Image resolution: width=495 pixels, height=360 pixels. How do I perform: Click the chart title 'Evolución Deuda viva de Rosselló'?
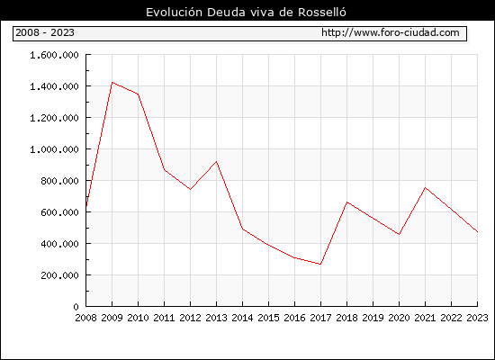click(x=246, y=13)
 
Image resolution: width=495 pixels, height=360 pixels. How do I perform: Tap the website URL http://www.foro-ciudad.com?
click(x=391, y=32)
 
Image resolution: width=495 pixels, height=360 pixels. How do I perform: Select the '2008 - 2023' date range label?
click(x=45, y=32)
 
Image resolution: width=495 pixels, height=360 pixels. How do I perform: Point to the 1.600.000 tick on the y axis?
click(x=54, y=55)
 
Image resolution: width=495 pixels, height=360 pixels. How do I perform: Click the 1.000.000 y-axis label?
click(x=54, y=149)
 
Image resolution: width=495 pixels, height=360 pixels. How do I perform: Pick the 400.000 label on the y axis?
click(x=59, y=244)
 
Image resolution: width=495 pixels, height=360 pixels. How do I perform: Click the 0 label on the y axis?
click(x=76, y=307)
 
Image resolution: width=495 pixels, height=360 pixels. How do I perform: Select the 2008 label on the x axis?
click(x=85, y=318)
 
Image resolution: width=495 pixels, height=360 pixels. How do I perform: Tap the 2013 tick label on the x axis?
click(x=216, y=318)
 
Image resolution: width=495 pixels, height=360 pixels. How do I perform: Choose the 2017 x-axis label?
click(x=320, y=318)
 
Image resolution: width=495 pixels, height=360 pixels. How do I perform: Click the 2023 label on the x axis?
click(x=477, y=318)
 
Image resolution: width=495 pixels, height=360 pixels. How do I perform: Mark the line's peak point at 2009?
click(x=112, y=83)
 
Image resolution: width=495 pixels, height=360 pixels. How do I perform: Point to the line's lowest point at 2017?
click(x=320, y=265)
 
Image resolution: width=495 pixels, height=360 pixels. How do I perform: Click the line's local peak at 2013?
click(x=216, y=162)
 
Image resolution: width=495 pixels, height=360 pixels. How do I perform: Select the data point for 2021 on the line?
click(x=425, y=188)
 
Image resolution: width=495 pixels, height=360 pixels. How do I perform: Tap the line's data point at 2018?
click(x=346, y=202)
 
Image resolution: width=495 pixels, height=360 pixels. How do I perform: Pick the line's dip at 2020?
click(x=399, y=234)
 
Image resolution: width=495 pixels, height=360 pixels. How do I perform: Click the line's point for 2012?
click(x=191, y=190)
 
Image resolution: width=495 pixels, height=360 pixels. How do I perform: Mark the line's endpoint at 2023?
click(x=477, y=232)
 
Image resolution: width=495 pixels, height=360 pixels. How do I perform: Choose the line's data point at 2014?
click(x=242, y=229)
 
